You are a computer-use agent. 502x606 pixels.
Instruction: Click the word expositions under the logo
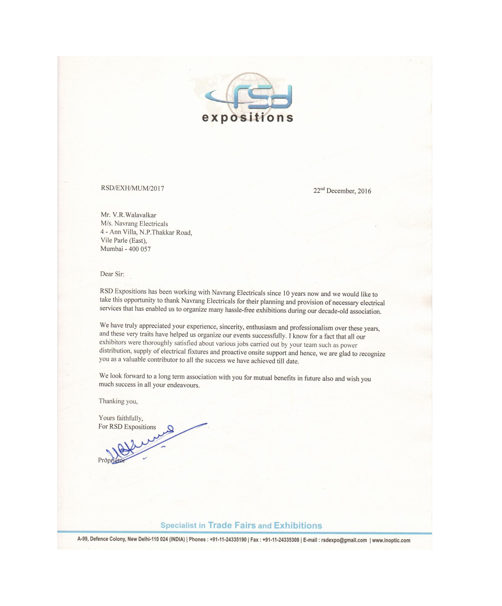[247, 118]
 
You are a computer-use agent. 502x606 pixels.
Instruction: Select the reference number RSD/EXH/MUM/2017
[132, 188]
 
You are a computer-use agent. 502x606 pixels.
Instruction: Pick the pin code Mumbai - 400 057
[125, 249]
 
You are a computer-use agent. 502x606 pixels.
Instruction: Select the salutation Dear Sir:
[112, 274]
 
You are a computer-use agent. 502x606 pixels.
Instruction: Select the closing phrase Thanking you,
[118, 401]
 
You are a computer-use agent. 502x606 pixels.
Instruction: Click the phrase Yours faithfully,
[121, 418]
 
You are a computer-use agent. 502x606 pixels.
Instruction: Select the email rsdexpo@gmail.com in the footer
[344, 540]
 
